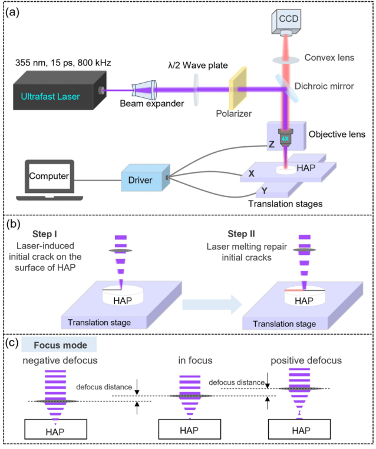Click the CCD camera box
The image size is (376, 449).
(286, 22)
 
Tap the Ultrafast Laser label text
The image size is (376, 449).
(50, 97)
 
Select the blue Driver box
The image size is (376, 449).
(146, 178)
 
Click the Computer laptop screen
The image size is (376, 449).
(49, 176)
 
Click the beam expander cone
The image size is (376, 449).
(144, 89)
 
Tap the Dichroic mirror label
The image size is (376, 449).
(324, 86)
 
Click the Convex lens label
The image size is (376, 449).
(329, 58)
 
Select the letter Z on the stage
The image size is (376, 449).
(271, 144)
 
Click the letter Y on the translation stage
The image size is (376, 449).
(264, 191)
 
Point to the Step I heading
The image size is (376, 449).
(45, 234)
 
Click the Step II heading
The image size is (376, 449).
(241, 234)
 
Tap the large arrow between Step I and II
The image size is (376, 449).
(212, 304)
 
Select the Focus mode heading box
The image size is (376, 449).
(59, 345)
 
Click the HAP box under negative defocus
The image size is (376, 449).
(55, 429)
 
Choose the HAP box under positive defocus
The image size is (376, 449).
(299, 429)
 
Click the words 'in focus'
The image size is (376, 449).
(195, 360)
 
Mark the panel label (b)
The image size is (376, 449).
(13, 224)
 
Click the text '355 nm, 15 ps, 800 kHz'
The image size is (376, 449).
(63, 63)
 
